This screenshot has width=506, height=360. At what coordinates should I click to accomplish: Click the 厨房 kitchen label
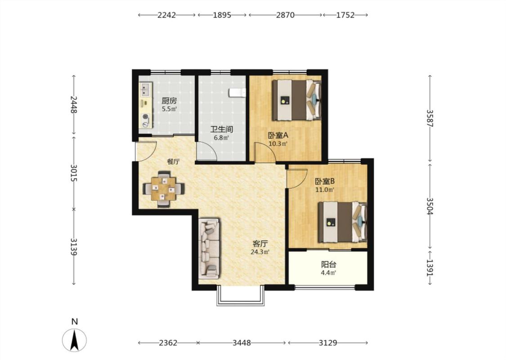[x=169, y=101]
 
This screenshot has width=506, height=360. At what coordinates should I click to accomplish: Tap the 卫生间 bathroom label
[x=222, y=130]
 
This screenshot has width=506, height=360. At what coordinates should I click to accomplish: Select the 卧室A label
[x=278, y=135]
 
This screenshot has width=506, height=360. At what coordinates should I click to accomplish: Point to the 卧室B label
[x=325, y=181]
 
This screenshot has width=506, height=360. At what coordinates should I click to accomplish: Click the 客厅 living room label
[x=260, y=243]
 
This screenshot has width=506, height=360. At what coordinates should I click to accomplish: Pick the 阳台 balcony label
[x=328, y=265]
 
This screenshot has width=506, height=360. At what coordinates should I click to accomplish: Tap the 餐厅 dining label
[x=173, y=162]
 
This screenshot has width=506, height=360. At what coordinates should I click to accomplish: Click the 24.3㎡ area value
[x=260, y=252]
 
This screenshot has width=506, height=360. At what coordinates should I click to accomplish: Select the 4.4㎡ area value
[x=328, y=273]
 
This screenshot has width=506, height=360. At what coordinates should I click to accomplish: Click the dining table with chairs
[x=164, y=189]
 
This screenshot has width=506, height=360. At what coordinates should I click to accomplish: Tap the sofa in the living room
[x=209, y=248]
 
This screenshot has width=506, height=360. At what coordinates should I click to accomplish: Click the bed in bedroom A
[x=297, y=100]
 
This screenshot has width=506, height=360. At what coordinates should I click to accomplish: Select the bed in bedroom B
[x=343, y=222]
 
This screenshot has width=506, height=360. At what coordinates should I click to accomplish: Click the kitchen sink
[x=146, y=90]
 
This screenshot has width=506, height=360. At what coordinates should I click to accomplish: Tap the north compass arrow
[x=75, y=340]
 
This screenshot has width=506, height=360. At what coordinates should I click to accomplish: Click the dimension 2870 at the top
[x=285, y=15]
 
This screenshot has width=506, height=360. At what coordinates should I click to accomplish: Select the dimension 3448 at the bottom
[x=242, y=342]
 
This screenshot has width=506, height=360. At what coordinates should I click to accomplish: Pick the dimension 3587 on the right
[x=430, y=118]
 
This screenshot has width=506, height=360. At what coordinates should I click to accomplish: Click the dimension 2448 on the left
[x=74, y=104]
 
